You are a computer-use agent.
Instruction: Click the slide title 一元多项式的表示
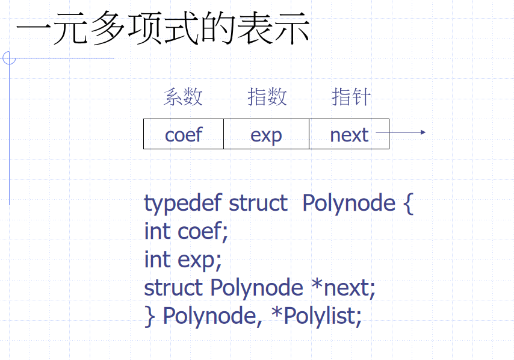[x=163, y=29]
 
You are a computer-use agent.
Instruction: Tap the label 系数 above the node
[x=183, y=97]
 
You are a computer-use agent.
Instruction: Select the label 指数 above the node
[x=267, y=97]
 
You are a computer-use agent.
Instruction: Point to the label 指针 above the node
[x=351, y=97]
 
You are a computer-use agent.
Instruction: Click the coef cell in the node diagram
[x=184, y=134]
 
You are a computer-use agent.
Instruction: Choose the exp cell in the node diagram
[x=266, y=134]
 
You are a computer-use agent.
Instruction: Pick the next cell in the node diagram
[x=349, y=134]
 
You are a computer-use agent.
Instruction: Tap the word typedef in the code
[x=183, y=203]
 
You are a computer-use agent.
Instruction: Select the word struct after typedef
[x=258, y=203]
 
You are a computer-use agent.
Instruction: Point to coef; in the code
[x=203, y=231]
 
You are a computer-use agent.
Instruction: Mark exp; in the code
[x=200, y=259]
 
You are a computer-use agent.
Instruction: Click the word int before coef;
[x=158, y=231]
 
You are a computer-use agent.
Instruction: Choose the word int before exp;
[x=158, y=259]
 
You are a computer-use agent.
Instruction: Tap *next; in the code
[x=343, y=288]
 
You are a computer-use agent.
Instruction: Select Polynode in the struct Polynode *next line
[x=256, y=288]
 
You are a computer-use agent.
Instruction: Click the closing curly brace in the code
[x=149, y=316]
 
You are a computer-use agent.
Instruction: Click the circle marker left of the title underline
[x=8, y=58]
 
